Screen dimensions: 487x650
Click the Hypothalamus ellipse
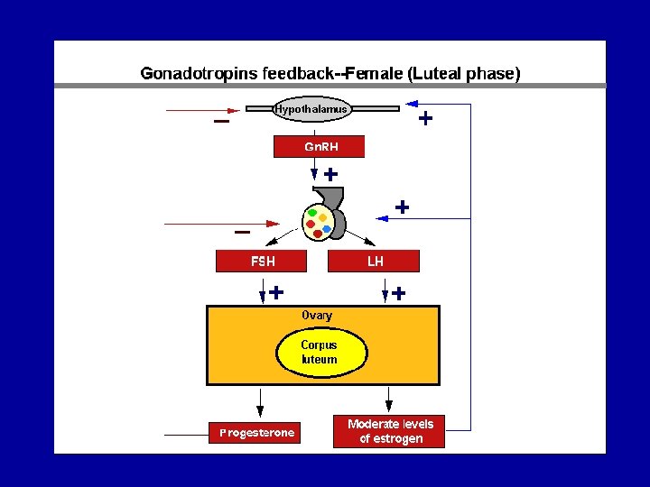pos(311,109)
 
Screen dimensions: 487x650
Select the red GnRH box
pos(320,147)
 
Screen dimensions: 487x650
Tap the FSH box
pos(262,262)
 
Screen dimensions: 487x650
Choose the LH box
pos(375,262)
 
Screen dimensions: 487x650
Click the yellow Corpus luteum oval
pos(320,353)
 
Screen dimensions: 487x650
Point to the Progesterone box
pos(257,433)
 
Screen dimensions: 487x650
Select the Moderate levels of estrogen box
pos(390,431)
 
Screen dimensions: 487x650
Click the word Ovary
pos(317,316)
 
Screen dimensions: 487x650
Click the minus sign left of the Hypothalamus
pos(220,122)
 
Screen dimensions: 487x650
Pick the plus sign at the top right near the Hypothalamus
pos(424,118)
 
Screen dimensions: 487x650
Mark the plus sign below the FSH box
pos(276,292)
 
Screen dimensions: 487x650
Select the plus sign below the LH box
pos(398,293)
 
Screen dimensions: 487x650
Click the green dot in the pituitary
pos(312,214)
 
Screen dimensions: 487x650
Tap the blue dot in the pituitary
pos(327,228)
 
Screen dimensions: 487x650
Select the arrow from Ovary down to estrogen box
pos(389,400)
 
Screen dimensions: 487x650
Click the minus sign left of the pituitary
pos(242,233)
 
